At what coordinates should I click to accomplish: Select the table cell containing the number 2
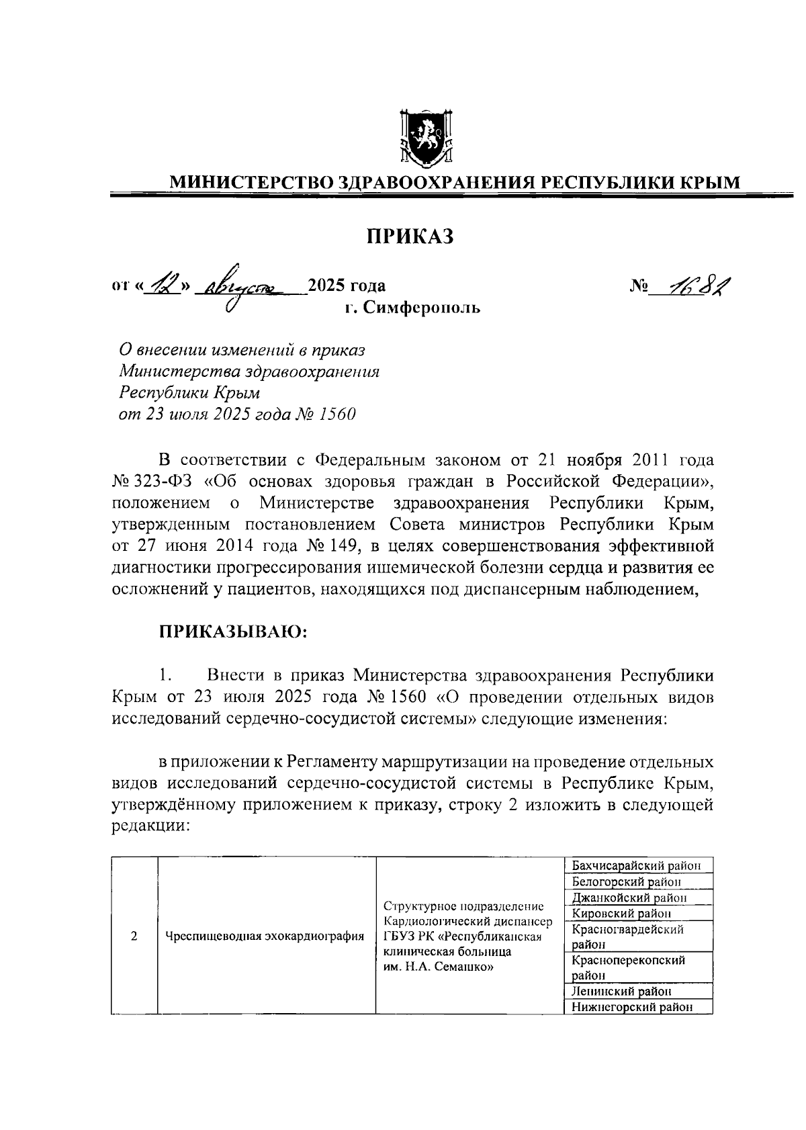tap(134, 936)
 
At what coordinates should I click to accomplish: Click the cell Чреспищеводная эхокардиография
tap(266, 936)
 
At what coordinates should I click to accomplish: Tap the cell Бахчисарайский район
tap(637, 866)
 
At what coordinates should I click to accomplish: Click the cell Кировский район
tap(621, 913)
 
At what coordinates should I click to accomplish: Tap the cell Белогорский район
tap(627, 881)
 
